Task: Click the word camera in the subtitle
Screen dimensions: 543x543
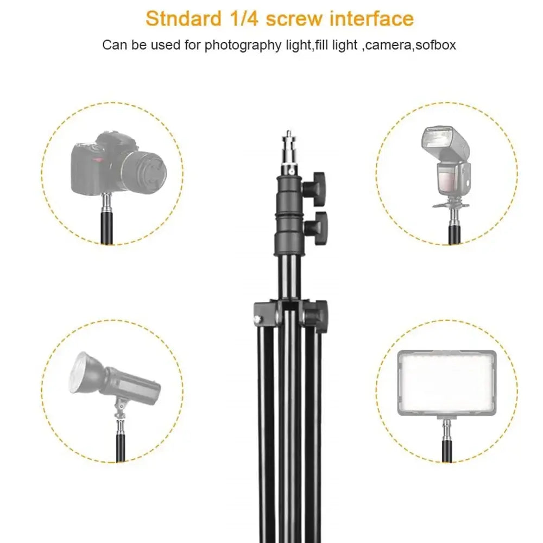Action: (388, 45)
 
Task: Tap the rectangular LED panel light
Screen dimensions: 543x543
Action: (446, 383)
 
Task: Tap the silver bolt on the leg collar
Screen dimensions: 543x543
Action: (256, 318)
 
